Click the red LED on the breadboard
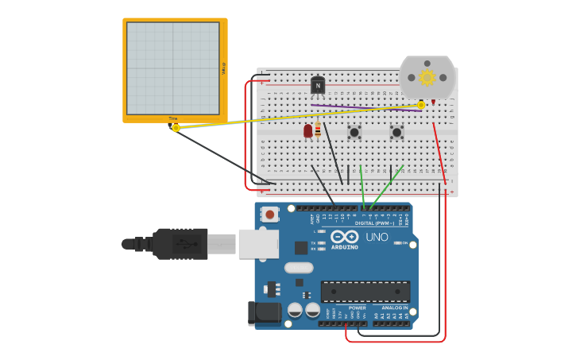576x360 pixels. coord(308,130)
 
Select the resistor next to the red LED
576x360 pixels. coord(318,130)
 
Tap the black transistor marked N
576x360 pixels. coord(318,85)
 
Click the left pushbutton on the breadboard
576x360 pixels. coord(354,132)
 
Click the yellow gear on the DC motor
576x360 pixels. coord(427,77)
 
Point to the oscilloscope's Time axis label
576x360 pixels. coord(173,118)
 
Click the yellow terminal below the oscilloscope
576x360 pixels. coord(176,127)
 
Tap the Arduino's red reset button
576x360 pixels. coord(270,215)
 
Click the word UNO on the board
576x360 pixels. coord(377,237)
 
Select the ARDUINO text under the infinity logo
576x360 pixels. coord(345,247)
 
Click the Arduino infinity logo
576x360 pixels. coord(345,237)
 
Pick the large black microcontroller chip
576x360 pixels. coord(365,291)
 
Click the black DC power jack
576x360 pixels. coord(264,312)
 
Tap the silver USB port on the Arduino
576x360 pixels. coord(258,243)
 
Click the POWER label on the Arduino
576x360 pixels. coord(358,308)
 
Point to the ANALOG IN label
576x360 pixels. coord(395,308)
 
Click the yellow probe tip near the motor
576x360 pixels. coord(421,105)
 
